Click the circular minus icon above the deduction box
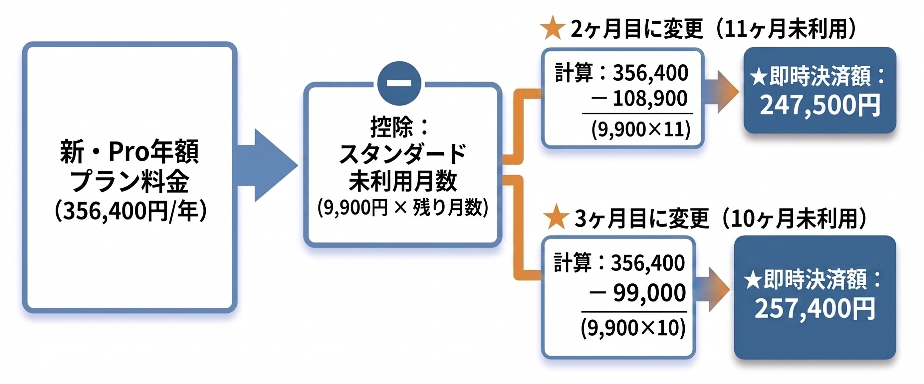pyautogui.click(x=399, y=83)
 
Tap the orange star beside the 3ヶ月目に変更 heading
pyautogui.click(x=556, y=217)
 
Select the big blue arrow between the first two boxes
pyautogui.click(x=267, y=166)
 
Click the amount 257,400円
pyautogui.click(x=815, y=308)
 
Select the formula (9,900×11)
pyautogui.click(x=641, y=129)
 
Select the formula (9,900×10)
pyautogui.click(x=633, y=328)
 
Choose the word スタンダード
pyautogui.click(x=402, y=154)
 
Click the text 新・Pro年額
pyautogui.click(x=129, y=152)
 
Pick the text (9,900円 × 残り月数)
pyautogui.click(x=402, y=207)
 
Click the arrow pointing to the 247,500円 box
pyautogui.click(x=721, y=92)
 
